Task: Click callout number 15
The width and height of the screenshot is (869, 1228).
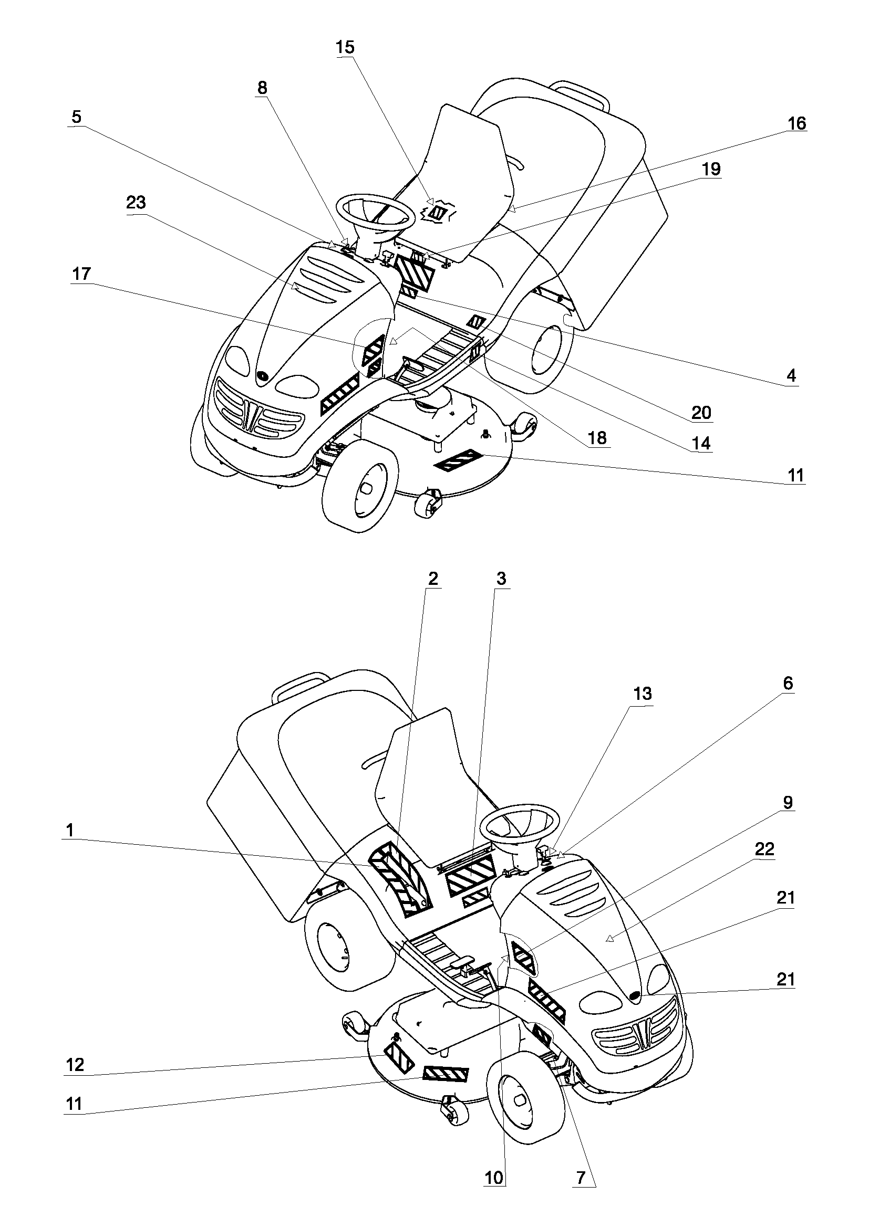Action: pyautogui.click(x=345, y=47)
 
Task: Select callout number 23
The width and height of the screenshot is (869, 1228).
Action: pyautogui.click(x=136, y=203)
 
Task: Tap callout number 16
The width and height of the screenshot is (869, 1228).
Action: pyautogui.click(x=797, y=123)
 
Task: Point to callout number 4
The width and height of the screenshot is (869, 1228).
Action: pyautogui.click(x=791, y=375)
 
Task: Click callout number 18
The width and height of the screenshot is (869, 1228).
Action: pyautogui.click(x=597, y=438)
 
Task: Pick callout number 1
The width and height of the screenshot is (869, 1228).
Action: pyautogui.click(x=69, y=831)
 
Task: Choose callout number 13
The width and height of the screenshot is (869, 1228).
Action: pyautogui.click(x=642, y=694)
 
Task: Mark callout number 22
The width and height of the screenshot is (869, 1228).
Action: pyautogui.click(x=764, y=849)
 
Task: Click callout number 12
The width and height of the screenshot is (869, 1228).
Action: pyautogui.click(x=75, y=1064)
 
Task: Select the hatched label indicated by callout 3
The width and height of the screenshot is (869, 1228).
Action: pyautogui.click(x=470, y=876)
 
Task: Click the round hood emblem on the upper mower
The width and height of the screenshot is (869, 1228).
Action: pyautogui.click(x=263, y=375)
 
